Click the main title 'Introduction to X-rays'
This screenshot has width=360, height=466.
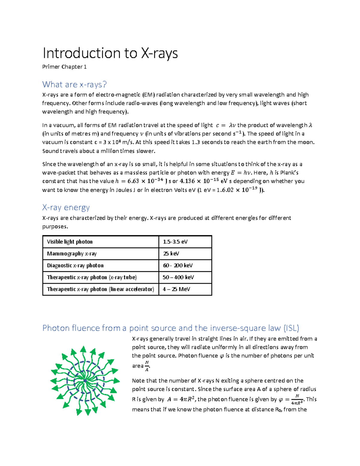(110, 53)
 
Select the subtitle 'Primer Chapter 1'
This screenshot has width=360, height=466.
(64, 67)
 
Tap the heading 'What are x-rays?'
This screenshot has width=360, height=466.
(74, 85)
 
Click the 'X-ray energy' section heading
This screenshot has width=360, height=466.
(66, 208)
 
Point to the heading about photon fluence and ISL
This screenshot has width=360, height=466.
(171, 328)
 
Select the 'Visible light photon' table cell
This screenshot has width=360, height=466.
(70, 242)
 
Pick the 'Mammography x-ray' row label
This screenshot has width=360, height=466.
(72, 254)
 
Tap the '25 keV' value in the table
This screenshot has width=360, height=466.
(171, 254)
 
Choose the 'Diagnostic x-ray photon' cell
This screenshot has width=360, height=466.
(75, 266)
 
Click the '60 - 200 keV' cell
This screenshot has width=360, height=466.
(178, 266)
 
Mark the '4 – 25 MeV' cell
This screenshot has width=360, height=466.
(176, 289)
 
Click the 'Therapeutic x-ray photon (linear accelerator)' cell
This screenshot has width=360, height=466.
(100, 289)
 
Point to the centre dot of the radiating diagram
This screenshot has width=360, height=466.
(85, 381)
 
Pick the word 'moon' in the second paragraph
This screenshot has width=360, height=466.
(307, 142)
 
